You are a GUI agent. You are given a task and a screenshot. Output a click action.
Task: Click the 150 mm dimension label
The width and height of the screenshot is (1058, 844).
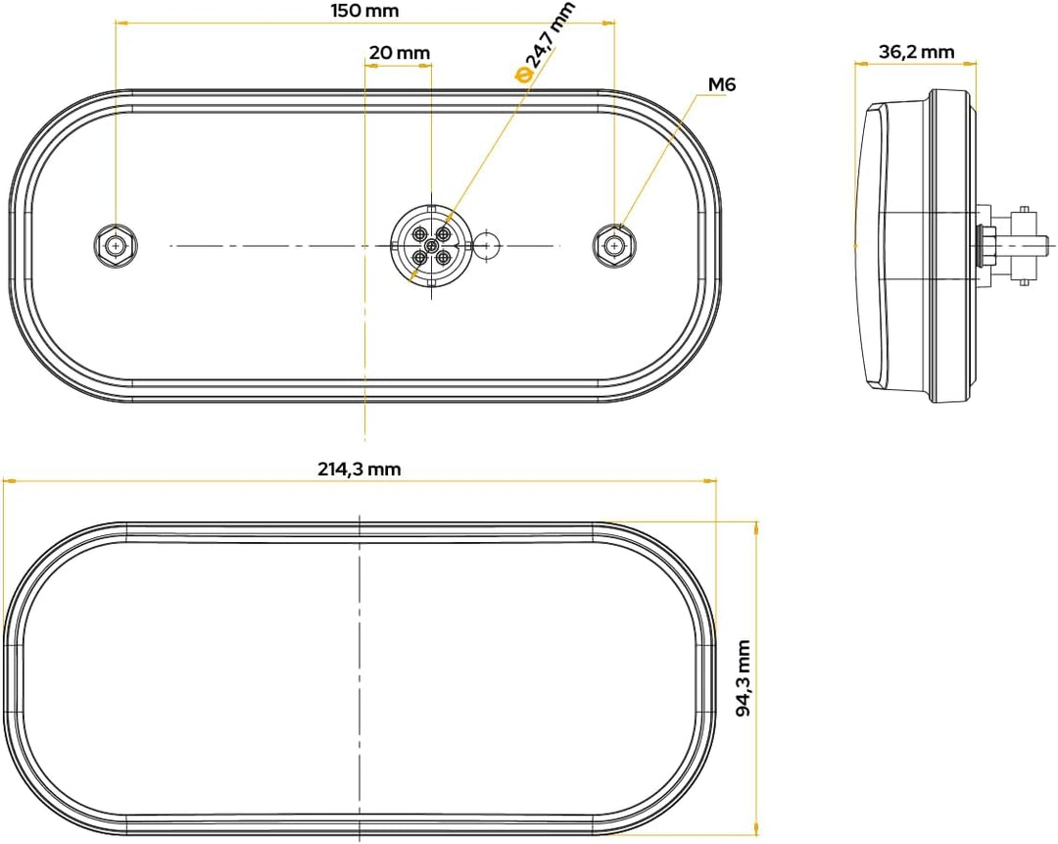tap(364, 11)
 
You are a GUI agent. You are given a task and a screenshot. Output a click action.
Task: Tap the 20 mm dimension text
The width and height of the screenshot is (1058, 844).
tap(400, 52)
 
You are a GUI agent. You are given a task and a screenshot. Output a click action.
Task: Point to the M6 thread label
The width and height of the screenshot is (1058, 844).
tap(721, 84)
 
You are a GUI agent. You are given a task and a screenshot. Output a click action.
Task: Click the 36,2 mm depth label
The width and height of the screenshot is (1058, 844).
tap(916, 51)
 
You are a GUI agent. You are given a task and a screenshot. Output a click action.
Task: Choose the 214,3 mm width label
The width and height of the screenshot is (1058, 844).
tap(360, 469)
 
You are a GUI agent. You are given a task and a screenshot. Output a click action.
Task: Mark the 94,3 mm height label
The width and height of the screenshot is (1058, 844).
tap(743, 678)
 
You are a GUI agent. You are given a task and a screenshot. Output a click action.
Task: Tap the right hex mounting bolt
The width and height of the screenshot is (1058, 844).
tap(613, 244)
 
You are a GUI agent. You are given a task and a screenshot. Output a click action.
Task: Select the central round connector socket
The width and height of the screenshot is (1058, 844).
tap(430, 246)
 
